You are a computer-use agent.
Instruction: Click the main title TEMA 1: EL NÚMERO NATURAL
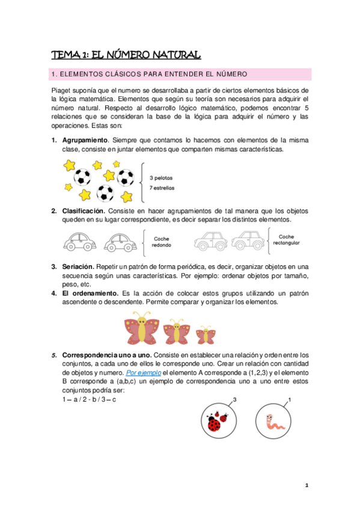126,55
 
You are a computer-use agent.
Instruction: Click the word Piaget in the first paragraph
62,90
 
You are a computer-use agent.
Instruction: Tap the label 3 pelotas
161,178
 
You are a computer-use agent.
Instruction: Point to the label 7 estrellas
162,188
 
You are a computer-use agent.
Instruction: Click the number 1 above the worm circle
290,399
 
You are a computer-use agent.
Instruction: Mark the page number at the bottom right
306,485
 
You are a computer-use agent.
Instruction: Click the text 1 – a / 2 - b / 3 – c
89,400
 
